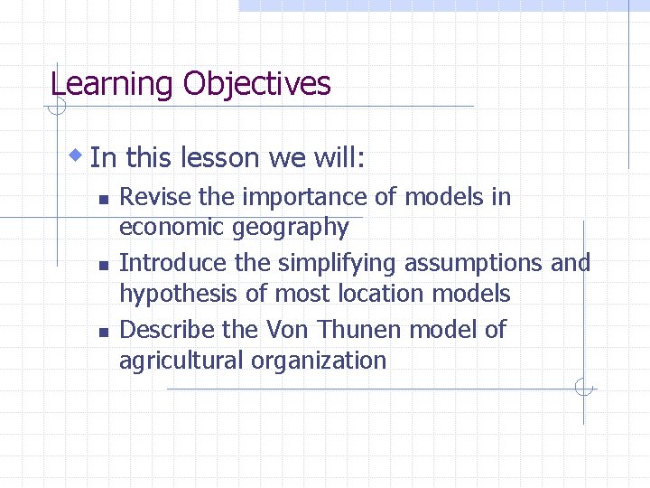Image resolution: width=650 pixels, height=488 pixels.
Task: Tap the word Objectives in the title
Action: [256, 85]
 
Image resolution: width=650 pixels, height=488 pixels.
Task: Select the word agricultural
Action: [182, 361]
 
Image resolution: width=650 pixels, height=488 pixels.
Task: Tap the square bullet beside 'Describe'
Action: [103, 332]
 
